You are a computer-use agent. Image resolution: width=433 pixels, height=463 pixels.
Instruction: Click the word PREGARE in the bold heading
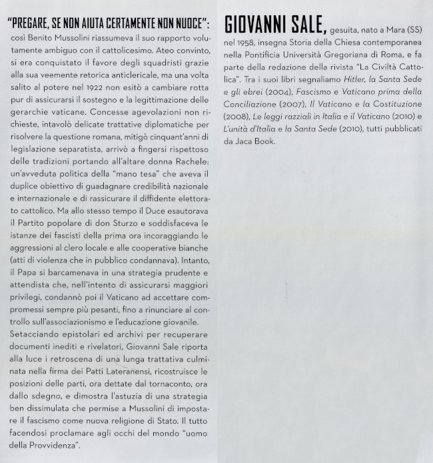tap(38, 25)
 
